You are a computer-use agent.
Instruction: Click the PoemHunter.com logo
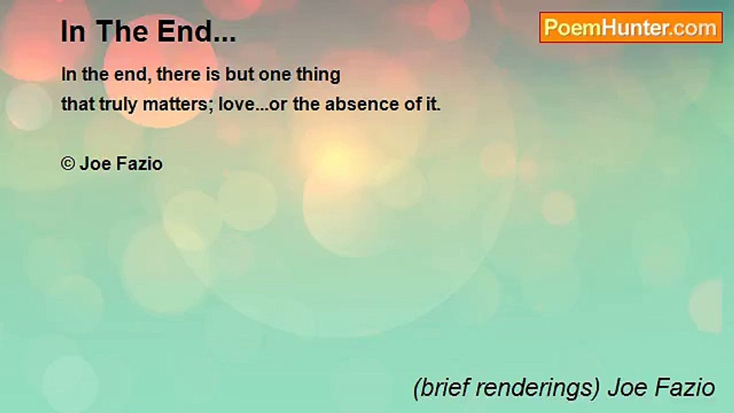coord(631,28)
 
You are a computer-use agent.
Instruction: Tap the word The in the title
coord(116,33)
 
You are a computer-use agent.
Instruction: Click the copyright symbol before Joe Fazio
coord(68,164)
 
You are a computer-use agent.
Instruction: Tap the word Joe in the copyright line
coord(93,164)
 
